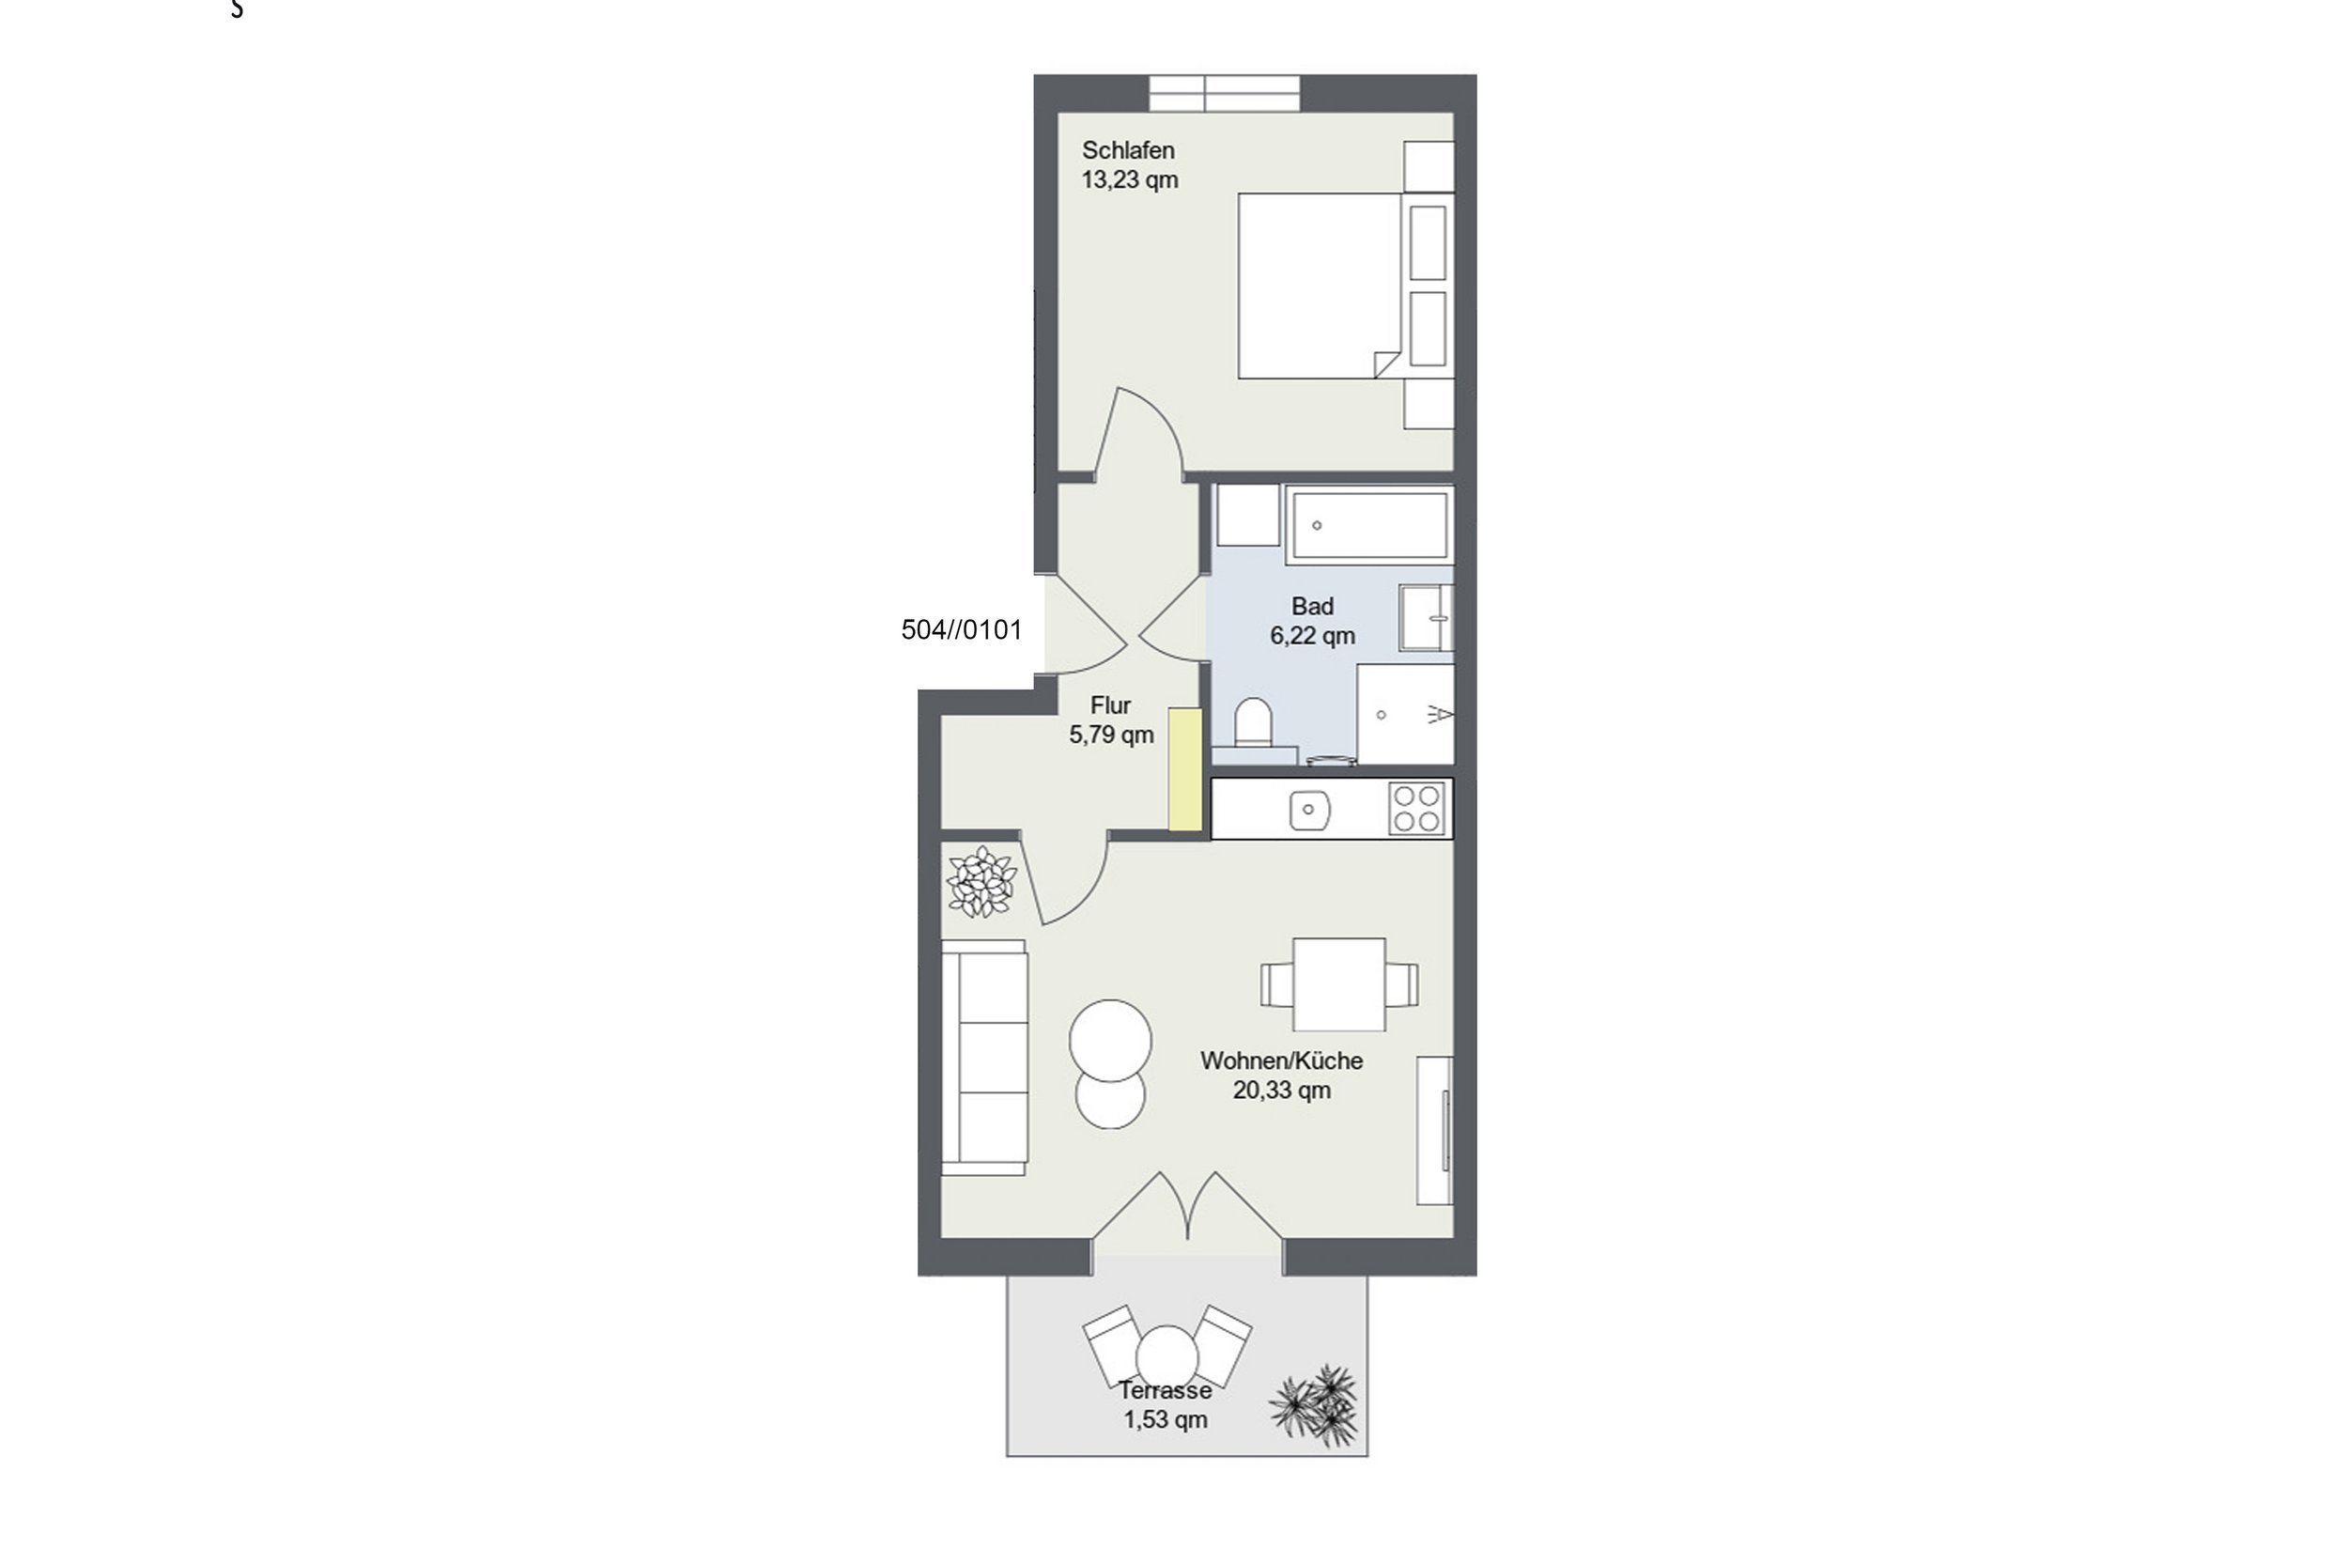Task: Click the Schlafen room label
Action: point(1128,150)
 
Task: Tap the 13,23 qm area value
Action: point(1130,180)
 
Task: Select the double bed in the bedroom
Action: point(1321,286)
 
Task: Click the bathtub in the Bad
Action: point(1368,524)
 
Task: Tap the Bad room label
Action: point(1312,606)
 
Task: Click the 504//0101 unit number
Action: point(962,630)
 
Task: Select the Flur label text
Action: point(1110,705)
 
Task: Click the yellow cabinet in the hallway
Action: point(1185,768)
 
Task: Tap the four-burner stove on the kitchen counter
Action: point(1417,809)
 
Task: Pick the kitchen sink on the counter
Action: point(1309,810)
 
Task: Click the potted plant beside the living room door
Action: point(981,881)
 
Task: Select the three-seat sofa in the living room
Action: point(984,1057)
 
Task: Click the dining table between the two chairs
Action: point(1338,983)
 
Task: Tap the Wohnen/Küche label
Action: point(1282,1060)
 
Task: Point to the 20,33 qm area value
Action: point(1282,1091)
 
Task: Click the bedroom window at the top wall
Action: point(1225,93)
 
